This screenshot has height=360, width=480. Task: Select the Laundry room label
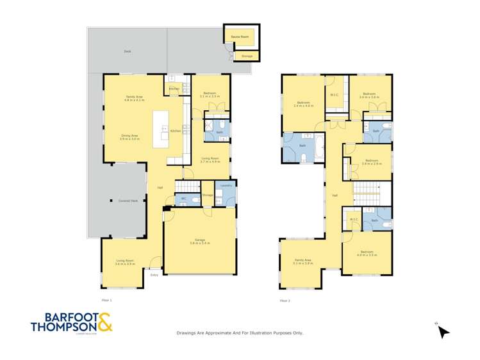point(225,185)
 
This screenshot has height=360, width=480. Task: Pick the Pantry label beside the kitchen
point(173,88)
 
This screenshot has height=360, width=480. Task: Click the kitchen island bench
point(158,129)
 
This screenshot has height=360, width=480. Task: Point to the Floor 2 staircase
point(367,192)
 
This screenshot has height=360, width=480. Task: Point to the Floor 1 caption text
point(106,300)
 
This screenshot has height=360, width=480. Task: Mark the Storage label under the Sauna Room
point(247,56)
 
